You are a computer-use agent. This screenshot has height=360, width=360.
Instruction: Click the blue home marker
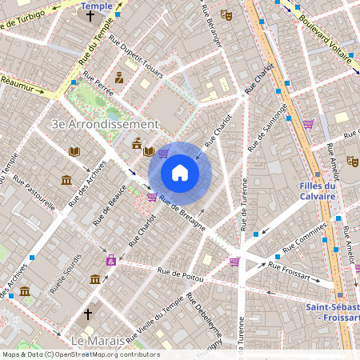point(180,173)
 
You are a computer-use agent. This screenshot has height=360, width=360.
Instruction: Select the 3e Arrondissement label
point(105,124)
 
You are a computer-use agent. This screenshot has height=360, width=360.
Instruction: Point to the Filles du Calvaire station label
point(322,192)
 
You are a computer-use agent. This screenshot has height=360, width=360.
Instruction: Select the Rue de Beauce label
point(106,203)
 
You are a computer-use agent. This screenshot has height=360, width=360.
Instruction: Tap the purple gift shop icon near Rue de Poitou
point(111,259)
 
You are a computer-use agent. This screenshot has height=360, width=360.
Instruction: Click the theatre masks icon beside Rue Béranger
point(227,14)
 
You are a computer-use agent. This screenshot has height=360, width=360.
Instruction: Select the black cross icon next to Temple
point(90,15)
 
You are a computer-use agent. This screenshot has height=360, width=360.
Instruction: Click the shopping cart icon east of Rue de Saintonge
point(308,124)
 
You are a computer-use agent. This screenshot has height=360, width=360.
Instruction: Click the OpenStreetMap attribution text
point(80,354)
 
